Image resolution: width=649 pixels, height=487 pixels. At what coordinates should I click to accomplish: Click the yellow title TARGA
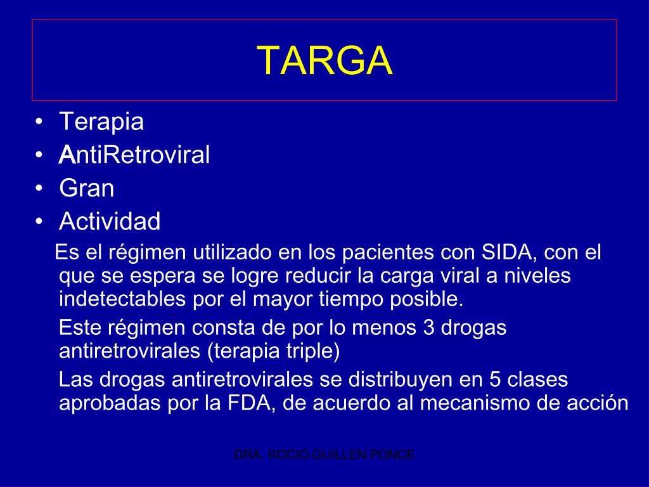(x=324, y=61)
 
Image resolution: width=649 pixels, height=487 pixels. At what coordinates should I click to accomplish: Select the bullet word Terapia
(x=101, y=122)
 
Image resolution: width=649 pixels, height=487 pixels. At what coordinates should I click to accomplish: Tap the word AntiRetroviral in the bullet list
(x=134, y=155)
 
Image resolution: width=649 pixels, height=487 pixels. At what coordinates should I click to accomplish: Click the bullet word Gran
(x=87, y=188)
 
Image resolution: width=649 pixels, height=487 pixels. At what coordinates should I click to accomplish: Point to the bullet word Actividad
(x=110, y=222)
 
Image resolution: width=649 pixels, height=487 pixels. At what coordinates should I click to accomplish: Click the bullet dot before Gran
(x=40, y=189)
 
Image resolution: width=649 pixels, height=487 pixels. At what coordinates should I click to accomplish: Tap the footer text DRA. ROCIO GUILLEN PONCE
(x=324, y=455)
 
